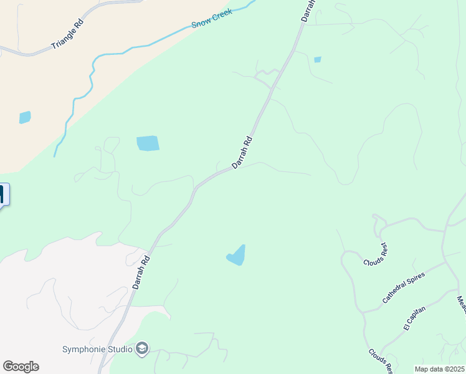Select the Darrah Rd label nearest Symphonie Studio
141,272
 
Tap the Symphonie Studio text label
97,348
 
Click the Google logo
21,367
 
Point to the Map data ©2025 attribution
439,369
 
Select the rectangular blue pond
148,143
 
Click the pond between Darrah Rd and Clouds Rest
237,256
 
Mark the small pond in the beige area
25,117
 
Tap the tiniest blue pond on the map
318,60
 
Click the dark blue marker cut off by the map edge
3,194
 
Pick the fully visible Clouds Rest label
376,254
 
